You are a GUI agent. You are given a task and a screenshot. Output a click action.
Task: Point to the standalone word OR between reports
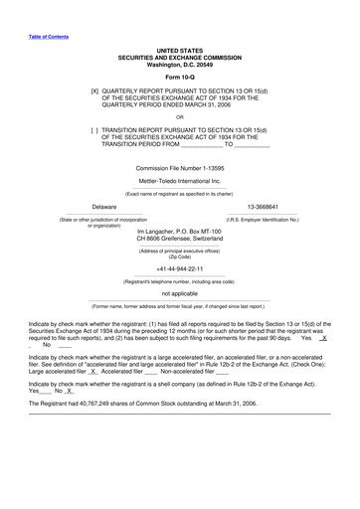coord(179,115)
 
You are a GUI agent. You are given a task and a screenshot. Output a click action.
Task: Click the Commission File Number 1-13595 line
coord(179,168)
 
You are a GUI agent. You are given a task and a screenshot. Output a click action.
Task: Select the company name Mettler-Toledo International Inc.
coord(179,182)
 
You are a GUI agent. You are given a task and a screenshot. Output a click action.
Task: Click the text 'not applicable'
coord(179,294)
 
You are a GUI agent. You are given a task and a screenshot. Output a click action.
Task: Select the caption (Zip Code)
coord(179,256)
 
